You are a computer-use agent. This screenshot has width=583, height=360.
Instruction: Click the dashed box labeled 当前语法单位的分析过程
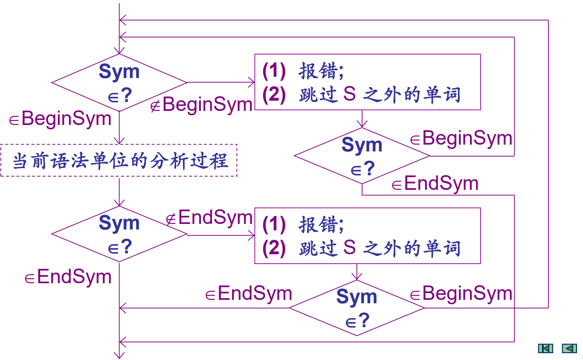(119, 161)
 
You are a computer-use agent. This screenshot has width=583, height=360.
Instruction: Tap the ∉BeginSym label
(202, 105)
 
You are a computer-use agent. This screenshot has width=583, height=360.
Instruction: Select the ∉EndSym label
(209, 218)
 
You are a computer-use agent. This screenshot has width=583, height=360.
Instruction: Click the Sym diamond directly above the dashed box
(119, 82)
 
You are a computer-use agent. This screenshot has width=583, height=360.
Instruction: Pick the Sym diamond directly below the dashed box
(119, 234)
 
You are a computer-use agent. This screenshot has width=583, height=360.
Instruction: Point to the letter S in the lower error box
(349, 248)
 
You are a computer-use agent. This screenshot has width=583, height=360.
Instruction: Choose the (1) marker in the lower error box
(274, 224)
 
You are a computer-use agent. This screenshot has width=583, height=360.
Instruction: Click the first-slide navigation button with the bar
(545, 348)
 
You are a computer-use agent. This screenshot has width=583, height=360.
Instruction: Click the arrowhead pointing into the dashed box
(119, 141)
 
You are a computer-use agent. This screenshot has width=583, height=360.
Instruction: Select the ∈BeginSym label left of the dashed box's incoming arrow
(61, 119)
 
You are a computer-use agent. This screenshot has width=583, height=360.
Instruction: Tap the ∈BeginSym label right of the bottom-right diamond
(461, 293)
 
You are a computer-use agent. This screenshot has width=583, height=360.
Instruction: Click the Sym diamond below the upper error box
(362, 156)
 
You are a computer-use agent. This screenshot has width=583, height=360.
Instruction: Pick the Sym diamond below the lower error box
(357, 308)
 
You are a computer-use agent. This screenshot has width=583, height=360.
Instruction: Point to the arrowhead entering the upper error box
(251, 82)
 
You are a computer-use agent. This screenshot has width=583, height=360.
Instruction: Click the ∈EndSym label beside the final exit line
(68, 277)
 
